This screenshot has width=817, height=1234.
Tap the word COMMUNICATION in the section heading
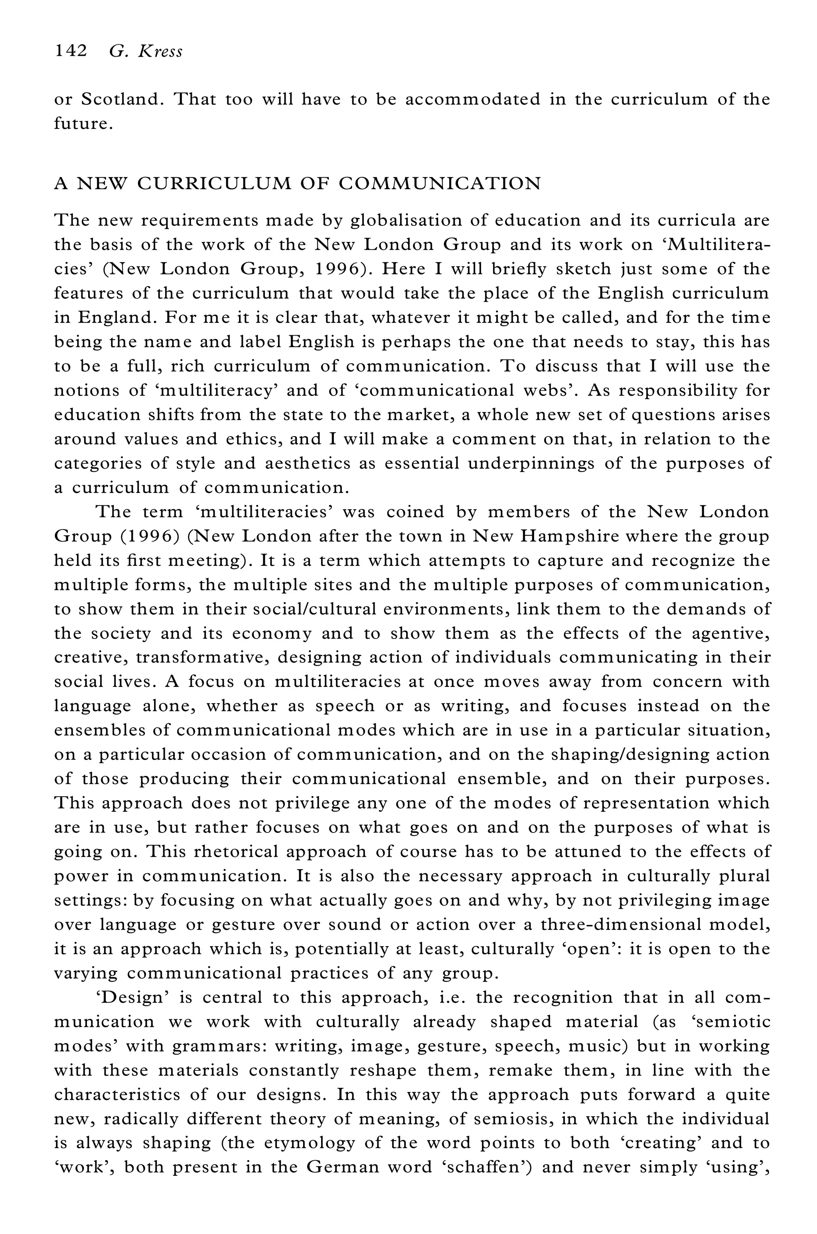(x=440, y=184)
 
